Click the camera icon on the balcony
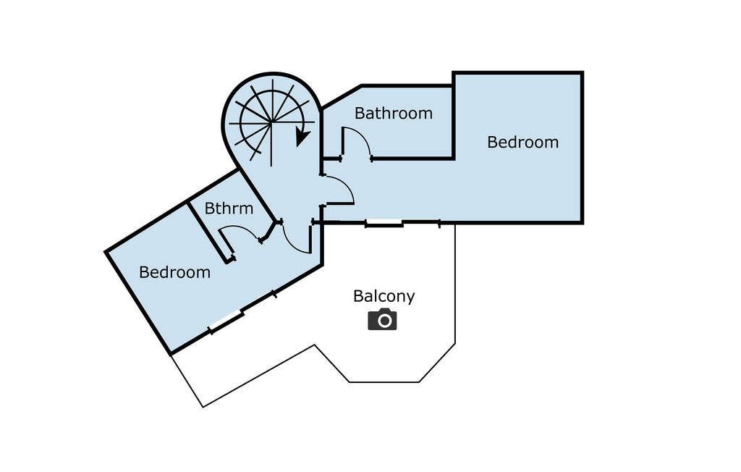382,319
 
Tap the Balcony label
384,296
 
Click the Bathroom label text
394,114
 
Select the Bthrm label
229,209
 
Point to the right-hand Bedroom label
522,143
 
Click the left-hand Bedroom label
174,273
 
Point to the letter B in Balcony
358,296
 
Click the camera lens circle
382,320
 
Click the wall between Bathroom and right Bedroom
454,116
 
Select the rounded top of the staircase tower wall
271,75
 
